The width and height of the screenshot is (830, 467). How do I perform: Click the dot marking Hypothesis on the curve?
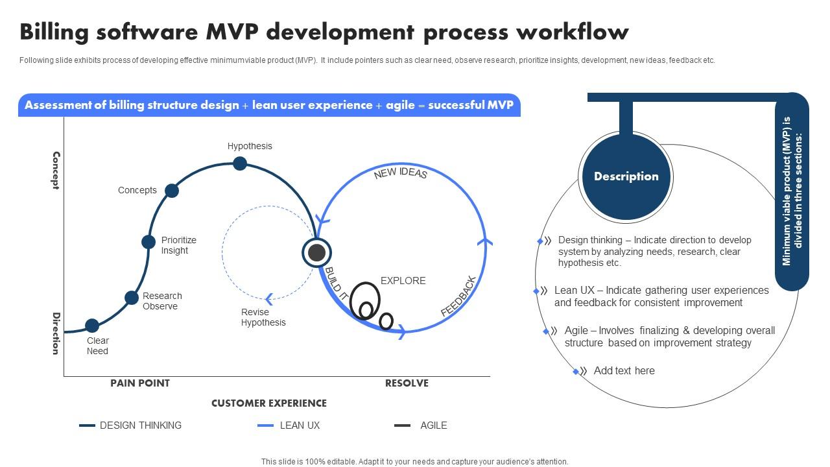coord(240,163)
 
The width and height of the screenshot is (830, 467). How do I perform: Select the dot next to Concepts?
coord(172,191)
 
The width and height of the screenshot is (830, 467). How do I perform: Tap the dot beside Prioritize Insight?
coord(148,242)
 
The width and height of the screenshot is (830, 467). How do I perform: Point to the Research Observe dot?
coord(132,298)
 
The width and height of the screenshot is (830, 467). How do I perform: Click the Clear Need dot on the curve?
coord(92,326)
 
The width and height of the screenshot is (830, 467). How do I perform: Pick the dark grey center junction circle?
coord(316,253)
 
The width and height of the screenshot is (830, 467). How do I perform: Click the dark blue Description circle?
coord(626,176)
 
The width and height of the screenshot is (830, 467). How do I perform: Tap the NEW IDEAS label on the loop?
coord(400,173)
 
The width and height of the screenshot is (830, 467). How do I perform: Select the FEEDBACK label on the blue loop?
coord(458,296)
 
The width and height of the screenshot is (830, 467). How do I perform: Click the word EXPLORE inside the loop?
coord(403,281)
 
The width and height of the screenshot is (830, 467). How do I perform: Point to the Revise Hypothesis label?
coord(263,317)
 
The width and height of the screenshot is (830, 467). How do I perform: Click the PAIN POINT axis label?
coord(140,383)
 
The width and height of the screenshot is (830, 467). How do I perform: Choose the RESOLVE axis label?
coord(407,383)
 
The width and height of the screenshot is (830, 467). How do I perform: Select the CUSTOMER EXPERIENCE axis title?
coord(268,403)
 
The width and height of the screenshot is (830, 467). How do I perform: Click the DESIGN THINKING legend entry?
coord(140,425)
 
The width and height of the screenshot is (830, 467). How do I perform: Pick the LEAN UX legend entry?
coord(300,425)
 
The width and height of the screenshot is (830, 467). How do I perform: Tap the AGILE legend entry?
coord(433,425)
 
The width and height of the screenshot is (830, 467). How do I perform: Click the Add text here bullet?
coord(624,371)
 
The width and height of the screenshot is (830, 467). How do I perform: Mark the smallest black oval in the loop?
coord(386,321)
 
